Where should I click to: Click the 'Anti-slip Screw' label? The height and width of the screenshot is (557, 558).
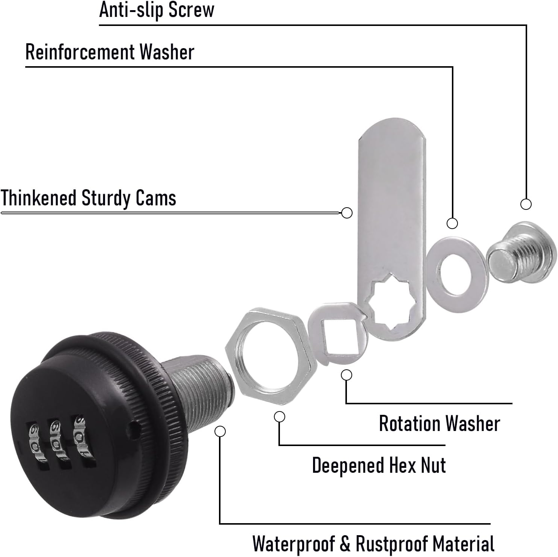[x=157, y=10]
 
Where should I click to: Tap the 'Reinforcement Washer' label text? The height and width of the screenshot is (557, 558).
[x=109, y=52]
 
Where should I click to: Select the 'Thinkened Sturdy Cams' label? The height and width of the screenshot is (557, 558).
[x=88, y=198]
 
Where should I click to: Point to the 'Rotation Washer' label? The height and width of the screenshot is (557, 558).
[x=439, y=423]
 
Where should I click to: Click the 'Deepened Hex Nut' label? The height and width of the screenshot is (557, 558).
[x=379, y=465]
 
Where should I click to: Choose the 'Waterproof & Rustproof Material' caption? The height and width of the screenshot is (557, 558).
[x=373, y=543]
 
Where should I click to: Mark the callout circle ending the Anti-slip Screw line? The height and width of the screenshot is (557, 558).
[x=526, y=204]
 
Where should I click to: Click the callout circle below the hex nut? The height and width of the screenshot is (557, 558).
[x=280, y=417]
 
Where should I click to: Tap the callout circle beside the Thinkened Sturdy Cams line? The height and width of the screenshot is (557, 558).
[x=347, y=212]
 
